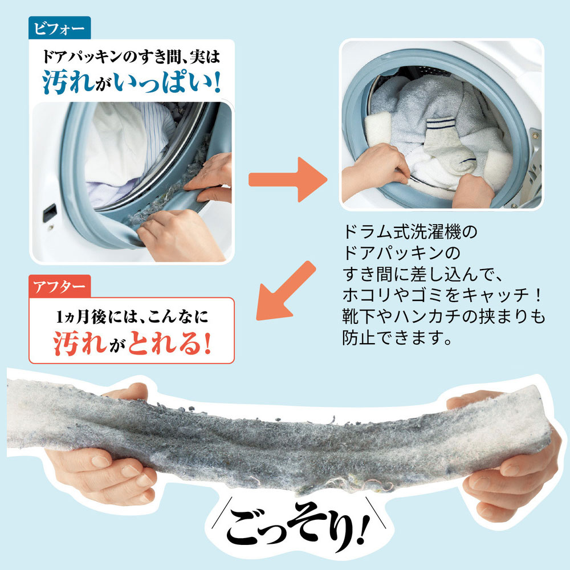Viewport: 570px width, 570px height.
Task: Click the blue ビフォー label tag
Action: point(60,28)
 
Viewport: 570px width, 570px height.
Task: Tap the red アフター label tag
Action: point(60,287)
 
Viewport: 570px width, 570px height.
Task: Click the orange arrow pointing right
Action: point(288,180)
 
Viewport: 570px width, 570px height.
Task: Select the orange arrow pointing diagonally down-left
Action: point(286,291)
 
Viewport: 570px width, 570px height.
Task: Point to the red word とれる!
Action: point(169,343)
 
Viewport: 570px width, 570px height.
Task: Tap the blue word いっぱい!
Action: point(167,82)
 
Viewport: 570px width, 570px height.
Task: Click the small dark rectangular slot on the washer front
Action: point(50,213)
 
